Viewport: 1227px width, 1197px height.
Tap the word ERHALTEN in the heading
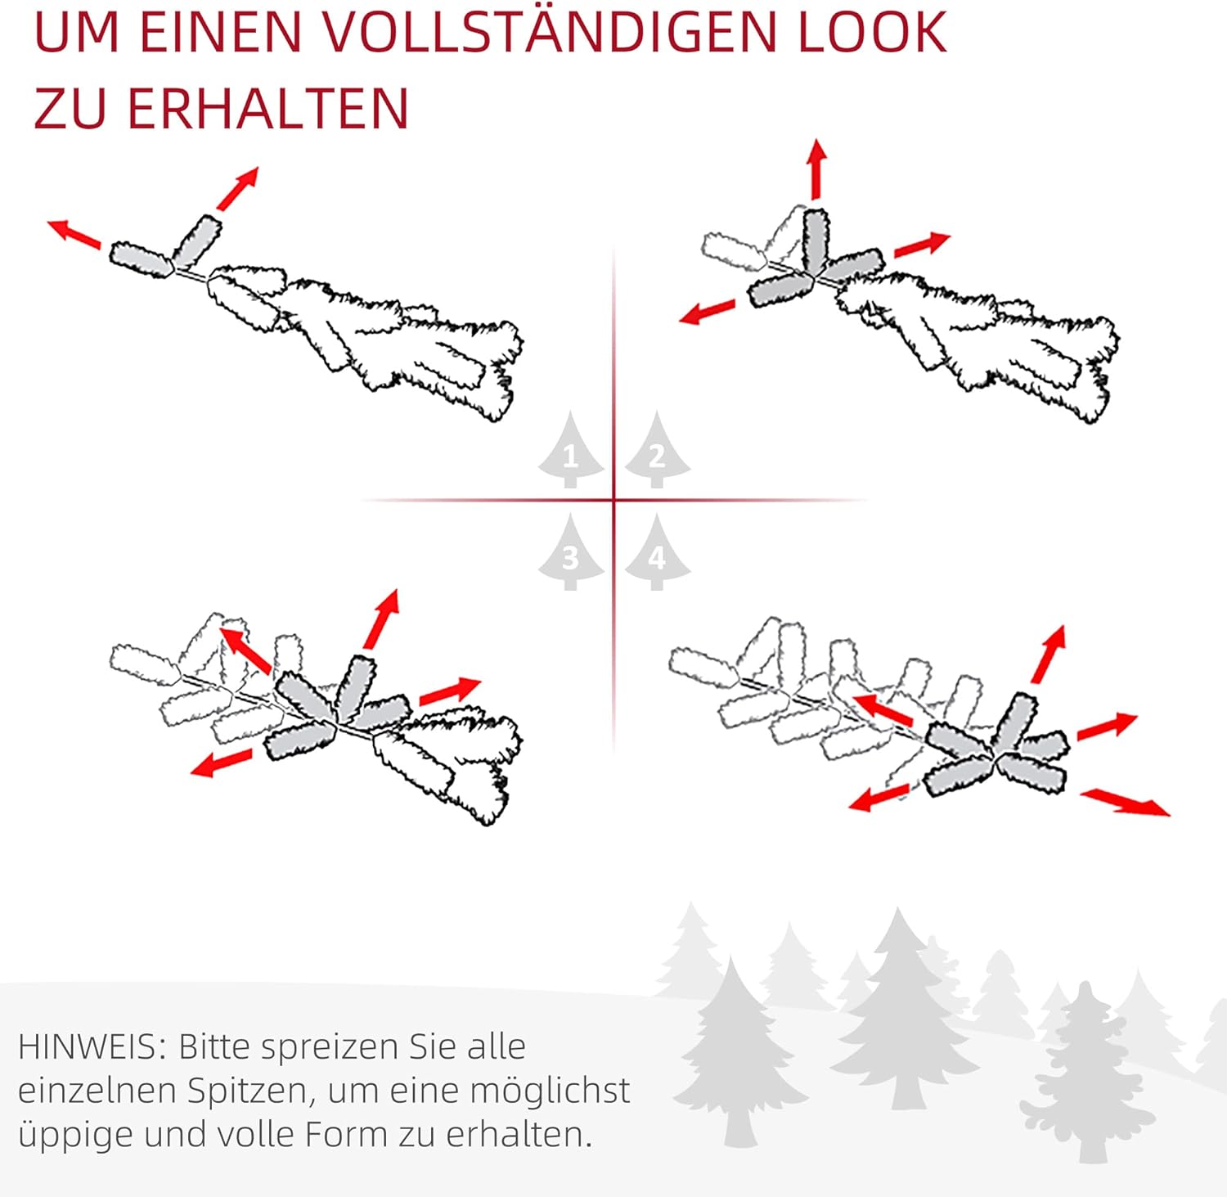click(267, 109)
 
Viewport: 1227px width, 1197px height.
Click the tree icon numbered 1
click(571, 449)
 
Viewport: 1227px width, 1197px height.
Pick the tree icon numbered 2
click(657, 449)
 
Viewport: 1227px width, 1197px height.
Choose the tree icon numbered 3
click(571, 552)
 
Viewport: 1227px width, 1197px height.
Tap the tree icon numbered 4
click(657, 552)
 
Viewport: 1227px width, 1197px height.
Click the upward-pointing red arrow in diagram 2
click(816, 169)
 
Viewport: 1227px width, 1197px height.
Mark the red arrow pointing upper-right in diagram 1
click(238, 189)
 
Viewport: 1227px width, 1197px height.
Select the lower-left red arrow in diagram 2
click(707, 312)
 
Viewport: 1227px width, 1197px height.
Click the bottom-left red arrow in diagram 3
click(221, 763)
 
